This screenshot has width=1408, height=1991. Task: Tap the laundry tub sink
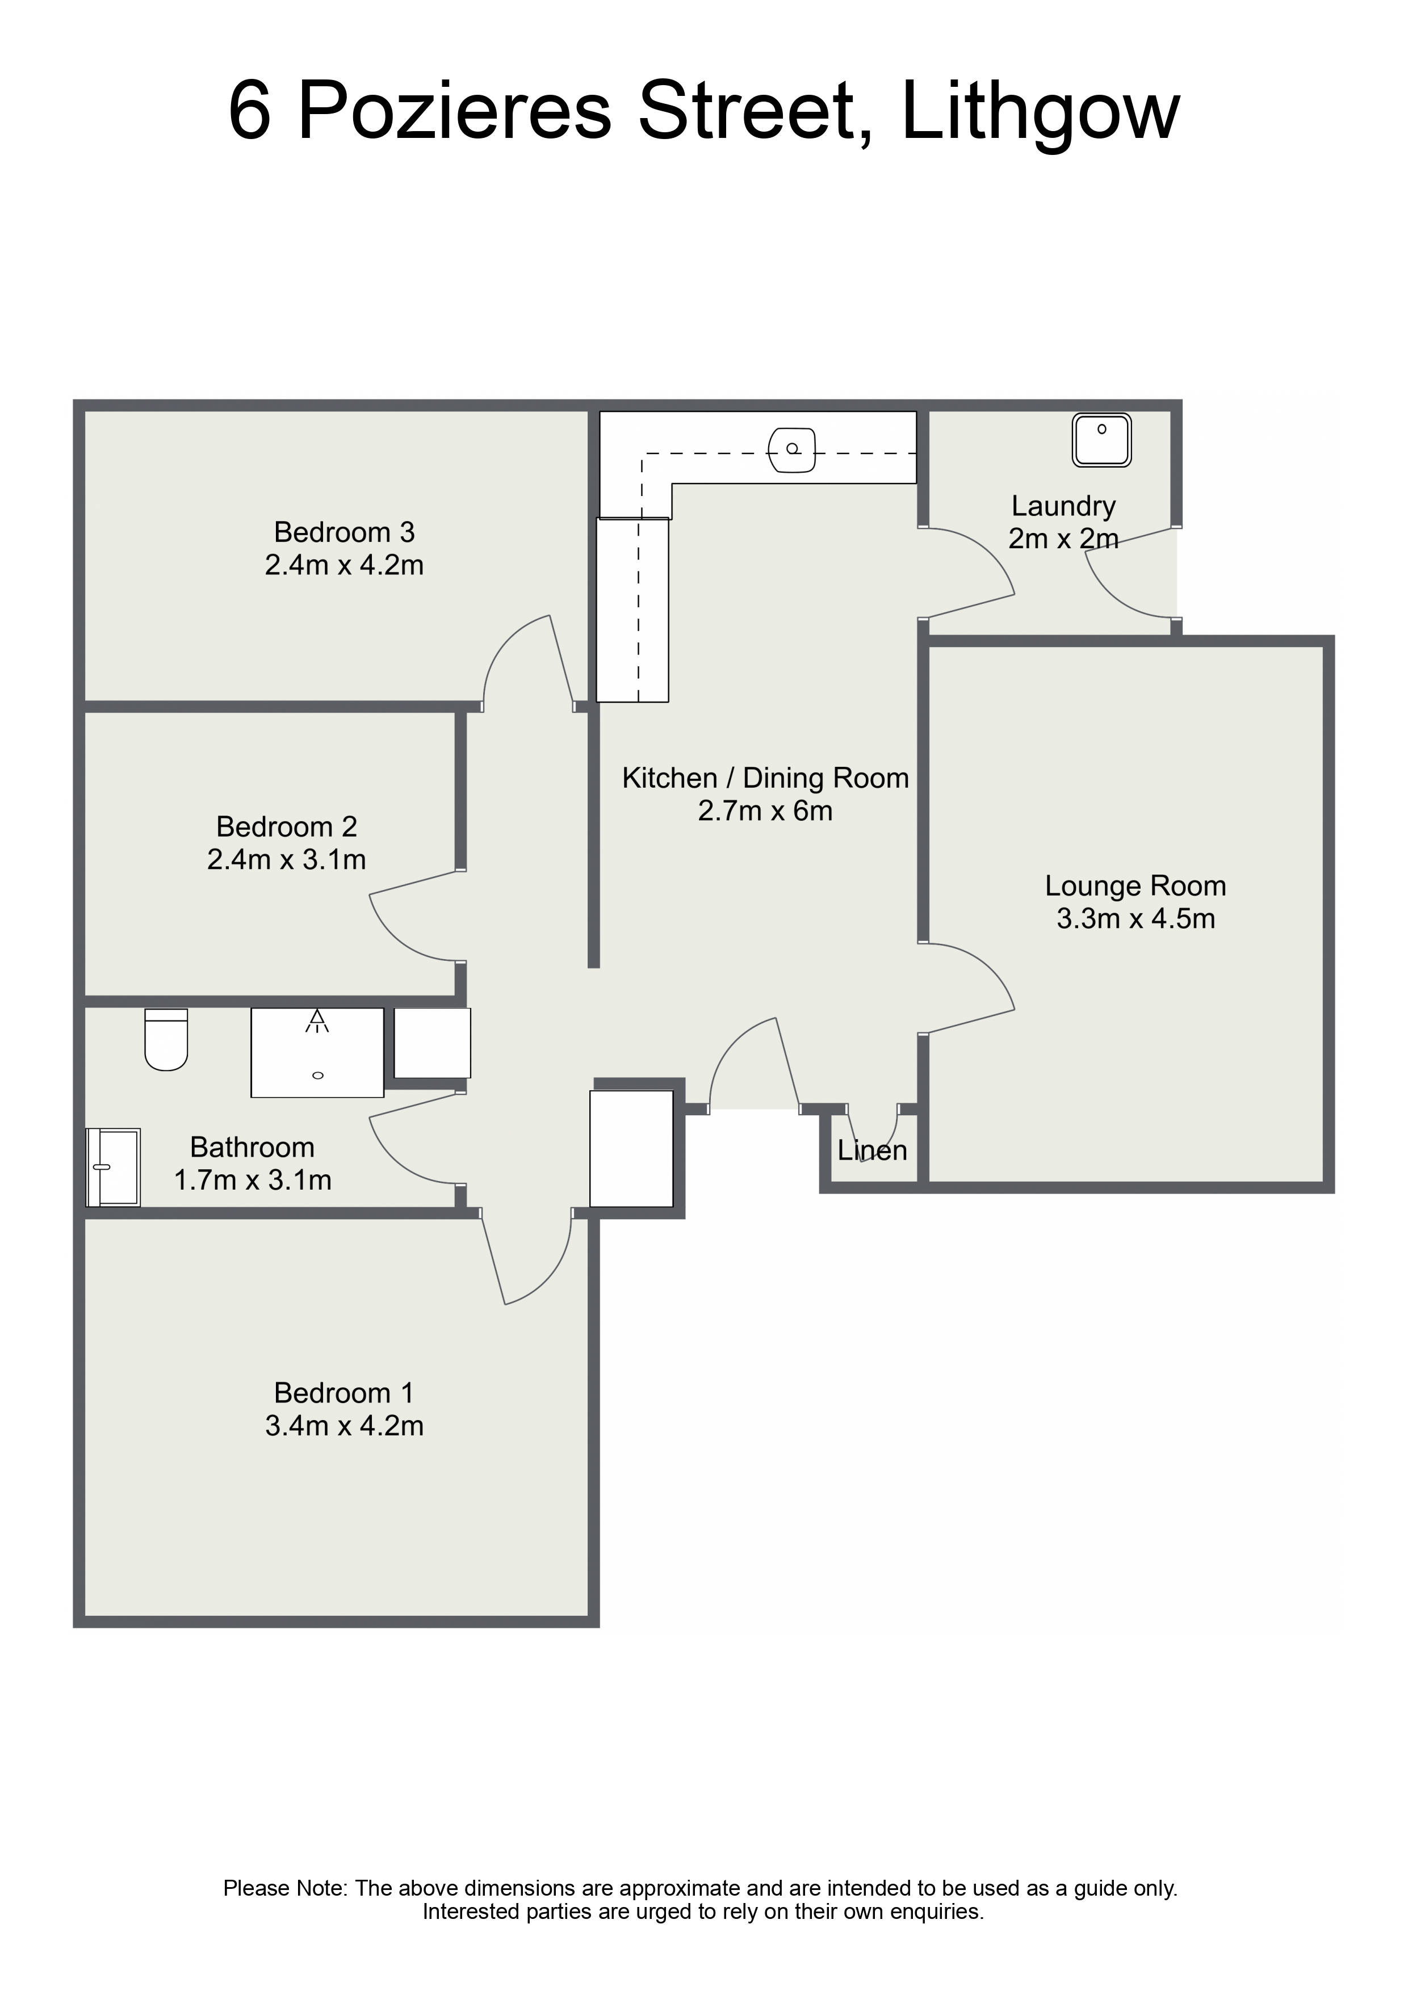point(1102,440)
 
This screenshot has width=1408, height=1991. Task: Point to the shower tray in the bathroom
point(317,1053)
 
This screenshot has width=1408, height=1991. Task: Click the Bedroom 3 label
point(345,532)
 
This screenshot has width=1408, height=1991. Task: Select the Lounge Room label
point(1135,886)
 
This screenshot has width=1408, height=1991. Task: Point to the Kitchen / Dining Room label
point(765,778)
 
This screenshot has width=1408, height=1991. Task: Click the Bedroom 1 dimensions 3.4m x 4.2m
point(345,1426)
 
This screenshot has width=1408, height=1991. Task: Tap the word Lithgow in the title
point(1040,111)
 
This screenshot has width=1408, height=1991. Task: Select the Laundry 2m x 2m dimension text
point(1063,539)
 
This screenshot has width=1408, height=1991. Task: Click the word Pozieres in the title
point(455,111)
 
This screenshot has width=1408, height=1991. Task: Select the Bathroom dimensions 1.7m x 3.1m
point(253,1180)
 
